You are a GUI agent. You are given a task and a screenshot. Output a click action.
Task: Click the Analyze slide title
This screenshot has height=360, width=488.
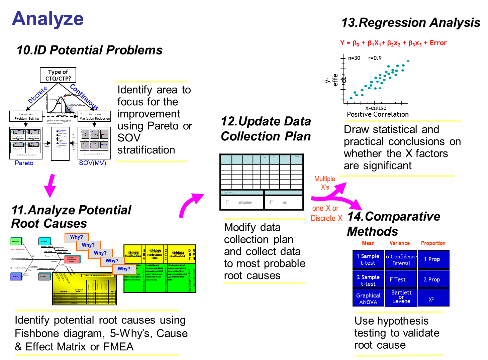point(47,19)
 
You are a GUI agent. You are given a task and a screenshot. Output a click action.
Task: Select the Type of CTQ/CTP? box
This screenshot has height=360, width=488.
point(58,75)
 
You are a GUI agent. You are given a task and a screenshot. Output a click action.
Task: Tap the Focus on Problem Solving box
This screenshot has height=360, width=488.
point(26,116)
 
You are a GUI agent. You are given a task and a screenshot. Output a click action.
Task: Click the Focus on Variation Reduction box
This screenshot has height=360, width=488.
point(94,116)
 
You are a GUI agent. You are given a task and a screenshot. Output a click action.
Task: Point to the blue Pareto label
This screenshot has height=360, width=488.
point(24,163)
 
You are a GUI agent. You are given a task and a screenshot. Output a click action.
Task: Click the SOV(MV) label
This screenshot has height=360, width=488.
point(93,163)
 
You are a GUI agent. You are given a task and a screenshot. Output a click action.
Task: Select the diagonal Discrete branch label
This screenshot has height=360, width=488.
point(38,95)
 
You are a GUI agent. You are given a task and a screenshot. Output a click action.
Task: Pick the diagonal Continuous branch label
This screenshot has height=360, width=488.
point(84,97)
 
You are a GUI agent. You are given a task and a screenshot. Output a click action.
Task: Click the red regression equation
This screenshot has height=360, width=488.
point(393,43)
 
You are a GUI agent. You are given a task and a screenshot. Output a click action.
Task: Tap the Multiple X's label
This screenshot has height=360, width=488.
point(325,183)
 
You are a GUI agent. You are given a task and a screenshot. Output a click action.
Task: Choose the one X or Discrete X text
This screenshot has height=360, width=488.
point(326,213)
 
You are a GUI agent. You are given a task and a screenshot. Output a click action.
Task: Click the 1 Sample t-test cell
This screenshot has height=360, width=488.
point(368,259)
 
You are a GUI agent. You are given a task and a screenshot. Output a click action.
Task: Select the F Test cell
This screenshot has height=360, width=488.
point(398,279)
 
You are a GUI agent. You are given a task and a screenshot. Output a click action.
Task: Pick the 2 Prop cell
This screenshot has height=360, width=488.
point(432,279)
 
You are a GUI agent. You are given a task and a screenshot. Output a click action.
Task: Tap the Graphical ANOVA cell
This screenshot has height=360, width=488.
point(368,298)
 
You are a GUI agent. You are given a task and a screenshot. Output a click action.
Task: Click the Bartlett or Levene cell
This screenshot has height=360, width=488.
point(401,297)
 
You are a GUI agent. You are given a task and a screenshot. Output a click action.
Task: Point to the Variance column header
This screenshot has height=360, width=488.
point(399,243)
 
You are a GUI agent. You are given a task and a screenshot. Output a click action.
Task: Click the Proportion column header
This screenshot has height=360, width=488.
point(433,243)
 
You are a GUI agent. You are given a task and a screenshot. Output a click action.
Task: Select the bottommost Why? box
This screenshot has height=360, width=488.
point(124,269)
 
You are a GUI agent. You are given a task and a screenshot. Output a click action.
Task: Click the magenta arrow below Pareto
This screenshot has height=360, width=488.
point(51,186)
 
